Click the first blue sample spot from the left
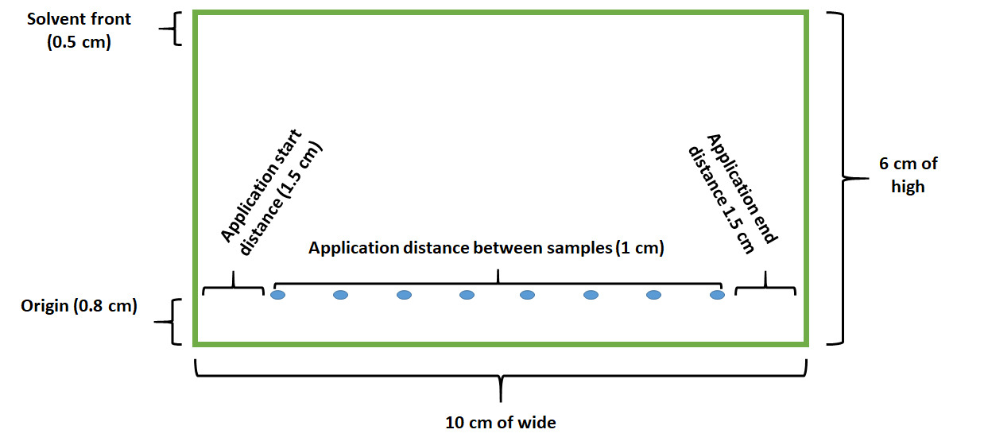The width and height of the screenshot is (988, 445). (x=278, y=296)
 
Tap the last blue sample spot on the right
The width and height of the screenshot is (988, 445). (x=717, y=295)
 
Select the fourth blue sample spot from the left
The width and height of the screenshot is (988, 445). (x=467, y=295)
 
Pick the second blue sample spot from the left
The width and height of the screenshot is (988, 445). (x=340, y=296)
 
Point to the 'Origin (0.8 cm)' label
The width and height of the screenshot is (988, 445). (x=79, y=305)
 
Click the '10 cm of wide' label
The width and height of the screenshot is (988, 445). (x=500, y=422)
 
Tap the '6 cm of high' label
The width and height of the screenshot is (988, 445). (x=908, y=175)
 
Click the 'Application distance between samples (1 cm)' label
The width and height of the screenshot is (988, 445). (x=486, y=248)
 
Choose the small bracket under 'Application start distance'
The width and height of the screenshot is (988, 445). (x=233, y=287)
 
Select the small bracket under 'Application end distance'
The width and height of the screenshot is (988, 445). (x=765, y=287)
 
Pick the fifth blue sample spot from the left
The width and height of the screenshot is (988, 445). (x=528, y=295)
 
